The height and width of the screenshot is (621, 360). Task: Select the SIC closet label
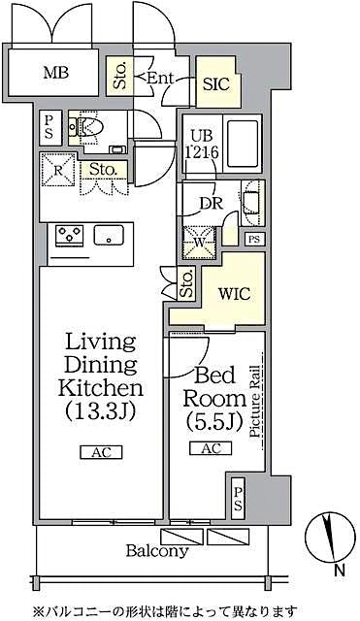point(215,84)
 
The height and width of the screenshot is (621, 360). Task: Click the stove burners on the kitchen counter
point(70,234)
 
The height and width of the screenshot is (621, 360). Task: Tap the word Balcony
point(156,551)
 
